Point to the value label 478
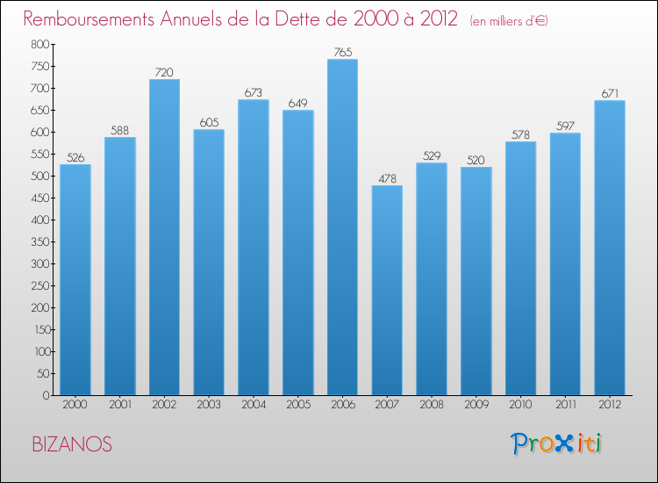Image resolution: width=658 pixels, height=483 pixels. (387, 179)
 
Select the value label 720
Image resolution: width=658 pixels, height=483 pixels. (164, 73)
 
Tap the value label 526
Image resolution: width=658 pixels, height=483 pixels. (75, 158)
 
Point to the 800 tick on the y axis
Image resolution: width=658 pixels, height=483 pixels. (39, 44)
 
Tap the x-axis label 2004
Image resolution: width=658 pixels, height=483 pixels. (254, 405)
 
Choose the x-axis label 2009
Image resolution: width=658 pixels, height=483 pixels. (476, 405)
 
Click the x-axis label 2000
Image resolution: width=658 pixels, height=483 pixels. (75, 405)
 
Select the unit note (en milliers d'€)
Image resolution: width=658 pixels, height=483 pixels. (509, 21)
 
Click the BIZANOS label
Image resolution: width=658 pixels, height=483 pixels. (71, 444)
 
